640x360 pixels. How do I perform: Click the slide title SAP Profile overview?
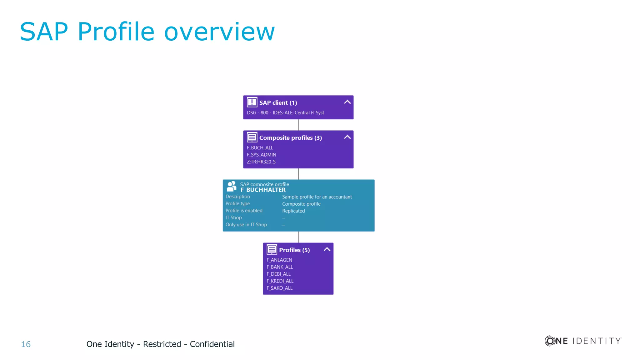[x=147, y=32]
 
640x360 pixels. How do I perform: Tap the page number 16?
[x=26, y=344]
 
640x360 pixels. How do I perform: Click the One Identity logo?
[x=583, y=341]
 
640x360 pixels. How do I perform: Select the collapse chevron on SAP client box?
[x=347, y=102]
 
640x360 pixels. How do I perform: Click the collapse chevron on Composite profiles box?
[x=347, y=137]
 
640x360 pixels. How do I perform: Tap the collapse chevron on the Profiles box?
[x=327, y=249]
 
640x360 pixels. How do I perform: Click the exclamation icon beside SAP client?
[x=252, y=102]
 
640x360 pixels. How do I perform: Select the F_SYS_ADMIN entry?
[x=262, y=155]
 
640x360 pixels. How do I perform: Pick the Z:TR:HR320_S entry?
[x=261, y=162]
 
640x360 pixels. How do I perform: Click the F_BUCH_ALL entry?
[x=260, y=147]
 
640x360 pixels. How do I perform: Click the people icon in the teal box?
[x=232, y=186]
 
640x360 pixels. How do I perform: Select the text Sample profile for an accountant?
[x=317, y=197]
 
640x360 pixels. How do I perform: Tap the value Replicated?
[x=293, y=211]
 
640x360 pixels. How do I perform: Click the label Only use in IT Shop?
[x=246, y=225]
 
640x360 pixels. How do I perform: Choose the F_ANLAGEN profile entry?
[x=279, y=260]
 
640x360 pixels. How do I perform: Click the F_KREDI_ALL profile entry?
[x=280, y=281]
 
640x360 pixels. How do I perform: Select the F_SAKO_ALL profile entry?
[x=279, y=288]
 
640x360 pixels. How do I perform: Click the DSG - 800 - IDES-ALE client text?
[x=285, y=112]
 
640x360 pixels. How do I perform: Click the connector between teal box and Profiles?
[x=298, y=237]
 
